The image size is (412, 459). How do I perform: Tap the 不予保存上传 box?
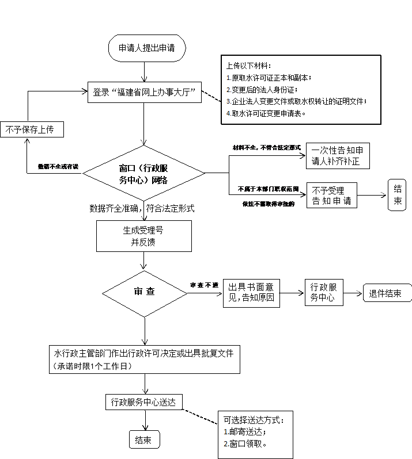click(x=31, y=129)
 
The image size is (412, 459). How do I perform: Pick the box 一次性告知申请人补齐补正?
click(x=337, y=156)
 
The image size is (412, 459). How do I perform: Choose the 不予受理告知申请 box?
click(x=334, y=196)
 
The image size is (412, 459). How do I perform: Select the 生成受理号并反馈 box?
click(x=143, y=236)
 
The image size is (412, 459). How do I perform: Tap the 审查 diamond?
click(x=144, y=292)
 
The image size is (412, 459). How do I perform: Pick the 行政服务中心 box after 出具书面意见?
click(x=324, y=292)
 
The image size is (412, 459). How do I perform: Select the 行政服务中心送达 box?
click(x=144, y=401)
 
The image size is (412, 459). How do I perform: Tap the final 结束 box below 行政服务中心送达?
click(x=143, y=440)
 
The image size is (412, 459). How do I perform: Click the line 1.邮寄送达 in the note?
click(x=245, y=431)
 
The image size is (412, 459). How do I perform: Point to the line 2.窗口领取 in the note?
click(x=245, y=444)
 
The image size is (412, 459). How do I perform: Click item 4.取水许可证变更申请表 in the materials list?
click(x=265, y=113)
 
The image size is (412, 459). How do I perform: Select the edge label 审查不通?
click(x=205, y=285)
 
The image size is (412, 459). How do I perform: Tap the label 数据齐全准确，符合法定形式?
click(x=142, y=208)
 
